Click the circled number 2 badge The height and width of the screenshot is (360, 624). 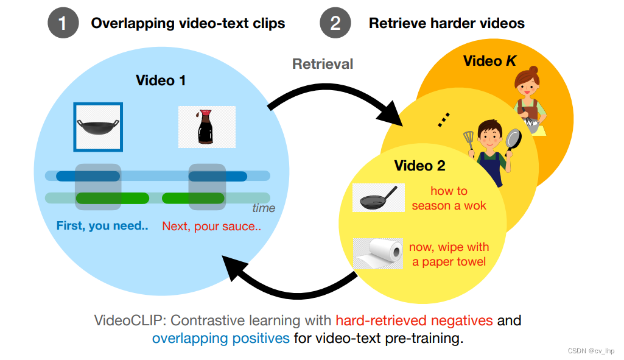pyautogui.click(x=335, y=24)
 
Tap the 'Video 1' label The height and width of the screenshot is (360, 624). pyautogui.click(x=160, y=80)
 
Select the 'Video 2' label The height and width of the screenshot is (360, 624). pyautogui.click(x=419, y=166)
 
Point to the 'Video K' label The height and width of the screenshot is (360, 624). pyautogui.click(x=491, y=61)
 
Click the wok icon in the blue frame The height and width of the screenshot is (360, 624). pyautogui.click(x=98, y=127)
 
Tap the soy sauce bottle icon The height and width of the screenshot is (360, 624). pyautogui.click(x=206, y=127)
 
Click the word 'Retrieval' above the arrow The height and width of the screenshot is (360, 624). pyautogui.click(x=323, y=63)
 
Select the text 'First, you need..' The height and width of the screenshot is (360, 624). pyautogui.click(x=102, y=226)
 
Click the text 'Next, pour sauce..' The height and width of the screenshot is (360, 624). pyautogui.click(x=211, y=226)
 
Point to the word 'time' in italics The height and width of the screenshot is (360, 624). pyautogui.click(x=264, y=208)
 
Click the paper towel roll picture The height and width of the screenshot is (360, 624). pyautogui.click(x=378, y=253)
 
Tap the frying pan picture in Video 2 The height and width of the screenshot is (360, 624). pyautogui.click(x=377, y=198)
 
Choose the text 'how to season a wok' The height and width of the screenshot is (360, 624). pyautogui.click(x=449, y=198)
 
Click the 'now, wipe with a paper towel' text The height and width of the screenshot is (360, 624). pyautogui.click(x=449, y=255)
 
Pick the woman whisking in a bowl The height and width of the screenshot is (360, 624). pyautogui.click(x=528, y=101)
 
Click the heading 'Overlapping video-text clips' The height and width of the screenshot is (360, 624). pyautogui.click(x=188, y=24)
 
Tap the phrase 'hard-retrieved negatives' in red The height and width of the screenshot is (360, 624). pyautogui.click(x=413, y=320)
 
